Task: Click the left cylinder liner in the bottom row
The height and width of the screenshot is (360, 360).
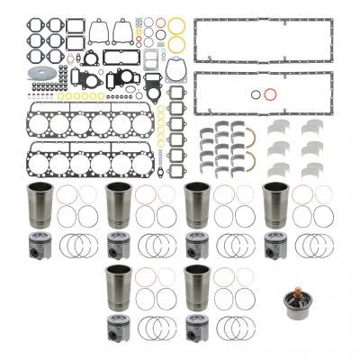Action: [x=118, y=288]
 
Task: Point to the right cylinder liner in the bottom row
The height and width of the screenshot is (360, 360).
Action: [x=196, y=288]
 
